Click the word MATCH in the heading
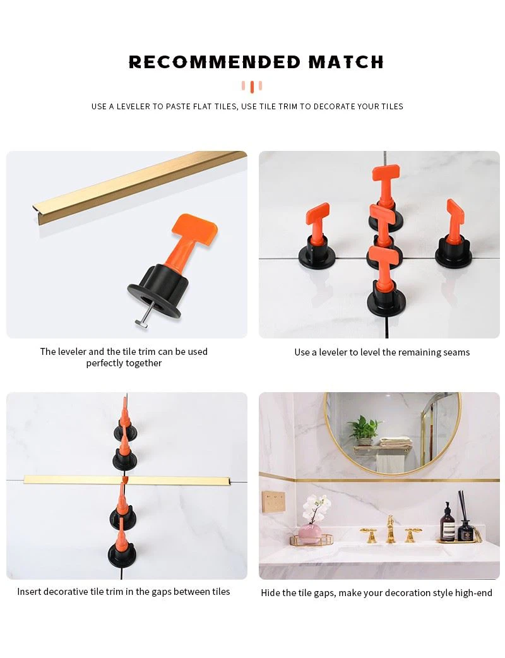(x=346, y=62)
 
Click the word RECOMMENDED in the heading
(x=215, y=62)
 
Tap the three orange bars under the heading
(x=251, y=87)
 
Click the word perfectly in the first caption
(x=105, y=363)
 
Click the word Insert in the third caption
(x=29, y=592)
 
